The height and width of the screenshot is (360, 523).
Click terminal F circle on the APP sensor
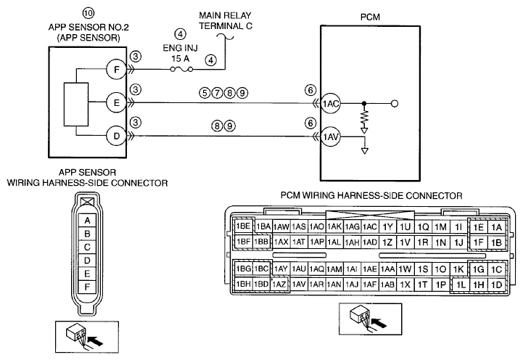click(x=116, y=70)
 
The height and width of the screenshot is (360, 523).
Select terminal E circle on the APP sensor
click(x=116, y=102)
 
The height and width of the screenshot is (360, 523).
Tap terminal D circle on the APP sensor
click(x=116, y=136)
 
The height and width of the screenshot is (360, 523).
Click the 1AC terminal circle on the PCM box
click(x=330, y=104)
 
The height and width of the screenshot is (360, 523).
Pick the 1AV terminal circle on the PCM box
click(x=330, y=136)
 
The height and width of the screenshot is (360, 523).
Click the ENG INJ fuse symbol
click(x=181, y=70)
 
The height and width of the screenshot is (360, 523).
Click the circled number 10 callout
click(x=88, y=13)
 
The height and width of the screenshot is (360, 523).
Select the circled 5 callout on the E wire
click(x=205, y=93)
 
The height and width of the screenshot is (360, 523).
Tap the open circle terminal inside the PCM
click(x=395, y=104)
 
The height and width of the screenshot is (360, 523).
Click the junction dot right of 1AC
click(x=364, y=104)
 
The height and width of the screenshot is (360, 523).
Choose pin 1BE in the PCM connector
click(x=243, y=226)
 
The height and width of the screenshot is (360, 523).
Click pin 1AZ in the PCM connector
click(x=279, y=285)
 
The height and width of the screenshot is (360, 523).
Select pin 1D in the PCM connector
click(x=497, y=285)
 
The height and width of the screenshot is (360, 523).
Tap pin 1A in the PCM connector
click(x=497, y=227)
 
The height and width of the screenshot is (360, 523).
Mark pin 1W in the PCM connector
click(x=405, y=269)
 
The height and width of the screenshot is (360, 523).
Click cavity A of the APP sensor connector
click(x=87, y=221)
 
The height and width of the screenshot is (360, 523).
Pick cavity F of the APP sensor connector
click(x=87, y=287)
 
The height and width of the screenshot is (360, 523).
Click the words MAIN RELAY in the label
click(x=225, y=15)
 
